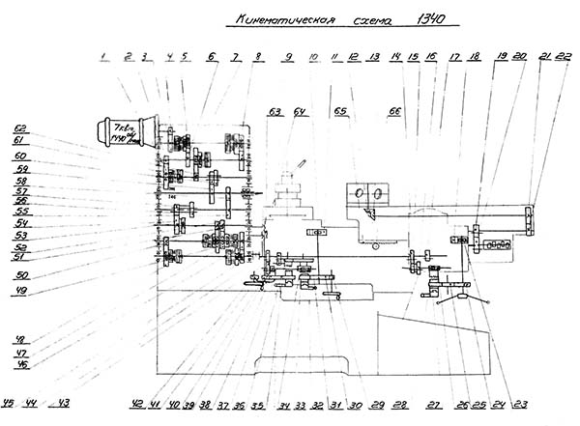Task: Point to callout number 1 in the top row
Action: pos(103,57)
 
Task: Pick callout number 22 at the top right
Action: pos(565,55)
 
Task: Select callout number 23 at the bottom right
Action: pos(523,403)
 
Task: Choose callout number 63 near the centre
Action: pos(275,112)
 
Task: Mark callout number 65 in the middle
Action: pos(340,112)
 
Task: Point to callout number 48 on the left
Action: pos(19,340)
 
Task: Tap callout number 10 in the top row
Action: pos(312,58)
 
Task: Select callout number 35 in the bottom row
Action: pos(258,404)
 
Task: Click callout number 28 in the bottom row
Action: pos(400,404)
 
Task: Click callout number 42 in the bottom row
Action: pos(136,403)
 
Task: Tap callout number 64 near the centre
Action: pos(300,112)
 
